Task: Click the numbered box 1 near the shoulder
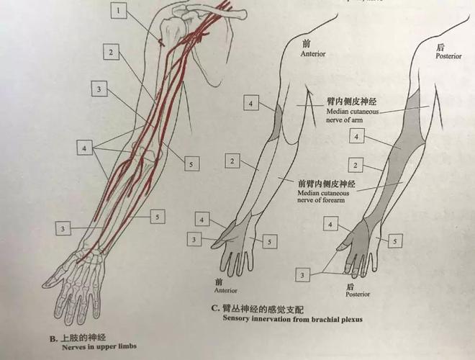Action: (x=118, y=10)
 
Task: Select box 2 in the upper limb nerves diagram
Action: (x=110, y=53)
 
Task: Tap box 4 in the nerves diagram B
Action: (x=86, y=148)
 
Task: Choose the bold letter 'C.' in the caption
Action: (x=216, y=308)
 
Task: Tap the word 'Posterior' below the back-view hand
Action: (x=358, y=294)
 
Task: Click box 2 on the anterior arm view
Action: (x=232, y=161)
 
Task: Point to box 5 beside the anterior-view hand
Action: (x=269, y=242)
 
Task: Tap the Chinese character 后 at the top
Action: (x=440, y=46)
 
